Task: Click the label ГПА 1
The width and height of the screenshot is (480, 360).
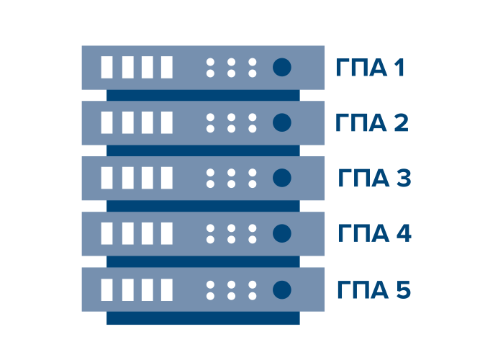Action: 371,68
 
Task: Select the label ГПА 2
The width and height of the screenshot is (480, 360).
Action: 372,123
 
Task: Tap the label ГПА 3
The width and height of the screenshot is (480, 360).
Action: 373,179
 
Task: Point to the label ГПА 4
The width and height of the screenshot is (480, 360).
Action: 374,234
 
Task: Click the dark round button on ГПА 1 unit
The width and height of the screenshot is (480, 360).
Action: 281,68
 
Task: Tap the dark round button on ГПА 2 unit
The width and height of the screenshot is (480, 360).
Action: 281,123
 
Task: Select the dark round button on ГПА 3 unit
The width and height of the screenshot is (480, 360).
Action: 281,178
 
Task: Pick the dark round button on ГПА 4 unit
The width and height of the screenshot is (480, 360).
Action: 281,233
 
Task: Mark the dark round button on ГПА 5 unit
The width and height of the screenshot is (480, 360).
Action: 281,289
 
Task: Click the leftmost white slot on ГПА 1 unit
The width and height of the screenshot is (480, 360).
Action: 107,68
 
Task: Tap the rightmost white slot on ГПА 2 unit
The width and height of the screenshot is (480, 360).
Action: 167,123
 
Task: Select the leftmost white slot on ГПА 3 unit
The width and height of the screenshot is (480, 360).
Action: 107,178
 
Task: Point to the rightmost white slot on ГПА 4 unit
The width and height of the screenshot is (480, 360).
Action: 167,233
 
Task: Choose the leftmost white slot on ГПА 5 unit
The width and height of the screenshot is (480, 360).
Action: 107,289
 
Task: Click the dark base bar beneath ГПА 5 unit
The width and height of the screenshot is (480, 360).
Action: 203,318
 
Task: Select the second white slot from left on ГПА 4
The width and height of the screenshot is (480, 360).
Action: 127,233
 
